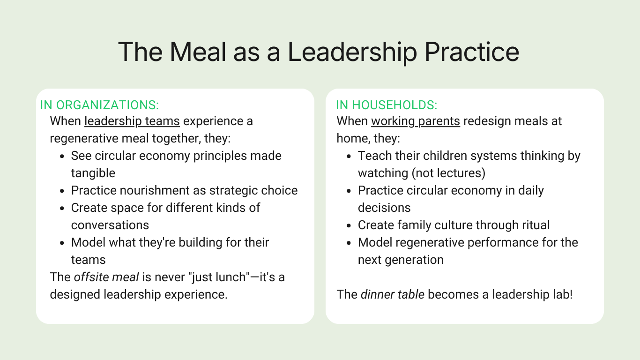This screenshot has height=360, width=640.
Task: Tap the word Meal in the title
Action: pos(198,52)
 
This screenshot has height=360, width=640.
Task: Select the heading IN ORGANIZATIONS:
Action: pos(99,105)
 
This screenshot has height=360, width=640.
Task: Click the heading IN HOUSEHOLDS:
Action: pos(387,105)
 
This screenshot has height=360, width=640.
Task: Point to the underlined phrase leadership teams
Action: pos(132,121)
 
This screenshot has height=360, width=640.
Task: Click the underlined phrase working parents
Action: pos(416,121)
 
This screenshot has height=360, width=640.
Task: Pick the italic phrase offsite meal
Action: pos(106,277)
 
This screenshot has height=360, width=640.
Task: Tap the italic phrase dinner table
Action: pos(393,294)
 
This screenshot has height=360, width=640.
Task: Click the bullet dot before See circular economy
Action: pos(62,157)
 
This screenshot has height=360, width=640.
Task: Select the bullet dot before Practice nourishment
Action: pos(62,191)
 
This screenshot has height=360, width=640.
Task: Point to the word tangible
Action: pos(93,173)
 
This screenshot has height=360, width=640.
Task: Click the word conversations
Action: pos(110,225)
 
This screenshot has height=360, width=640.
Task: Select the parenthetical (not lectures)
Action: pos(448,173)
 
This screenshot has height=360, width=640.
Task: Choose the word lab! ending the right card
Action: pos(563,294)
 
